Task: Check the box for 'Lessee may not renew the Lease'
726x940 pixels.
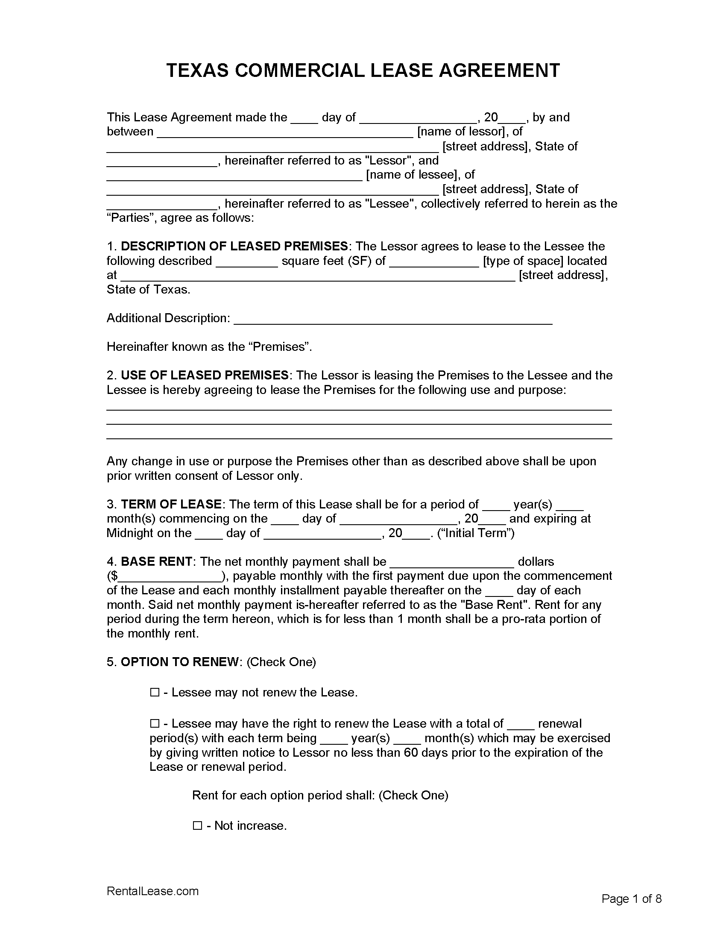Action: click(155, 693)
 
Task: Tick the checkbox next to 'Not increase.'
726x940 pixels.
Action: click(197, 825)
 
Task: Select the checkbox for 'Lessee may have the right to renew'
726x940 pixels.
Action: click(155, 724)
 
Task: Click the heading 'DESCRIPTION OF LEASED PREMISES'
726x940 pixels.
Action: click(234, 246)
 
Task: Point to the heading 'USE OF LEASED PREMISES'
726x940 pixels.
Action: click(204, 375)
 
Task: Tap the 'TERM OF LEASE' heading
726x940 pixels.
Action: click(171, 504)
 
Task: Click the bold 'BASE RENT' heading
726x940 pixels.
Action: click(157, 561)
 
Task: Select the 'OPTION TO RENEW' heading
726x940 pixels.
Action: click(180, 661)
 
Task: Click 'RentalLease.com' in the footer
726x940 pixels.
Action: click(153, 891)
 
